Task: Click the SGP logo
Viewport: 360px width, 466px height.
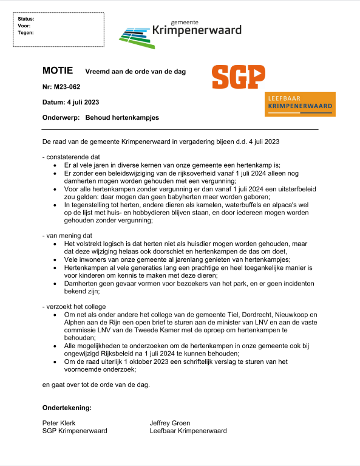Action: [x=239, y=77]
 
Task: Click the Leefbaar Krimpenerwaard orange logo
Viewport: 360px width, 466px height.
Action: [x=301, y=104]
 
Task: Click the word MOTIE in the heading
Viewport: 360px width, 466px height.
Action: [x=58, y=71]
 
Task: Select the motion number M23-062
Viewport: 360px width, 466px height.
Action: [x=68, y=87]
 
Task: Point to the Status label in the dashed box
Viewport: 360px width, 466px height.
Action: [x=26, y=19]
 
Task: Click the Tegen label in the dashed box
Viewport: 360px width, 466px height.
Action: [x=26, y=33]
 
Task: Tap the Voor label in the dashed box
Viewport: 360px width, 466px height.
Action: [x=24, y=26]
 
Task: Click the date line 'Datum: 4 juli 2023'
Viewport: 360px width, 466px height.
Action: [x=70, y=102]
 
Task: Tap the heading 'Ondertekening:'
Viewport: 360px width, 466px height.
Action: [x=67, y=407]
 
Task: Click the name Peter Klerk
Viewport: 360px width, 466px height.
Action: [x=59, y=423]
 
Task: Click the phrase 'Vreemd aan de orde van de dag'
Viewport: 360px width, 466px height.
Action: [x=135, y=72]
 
